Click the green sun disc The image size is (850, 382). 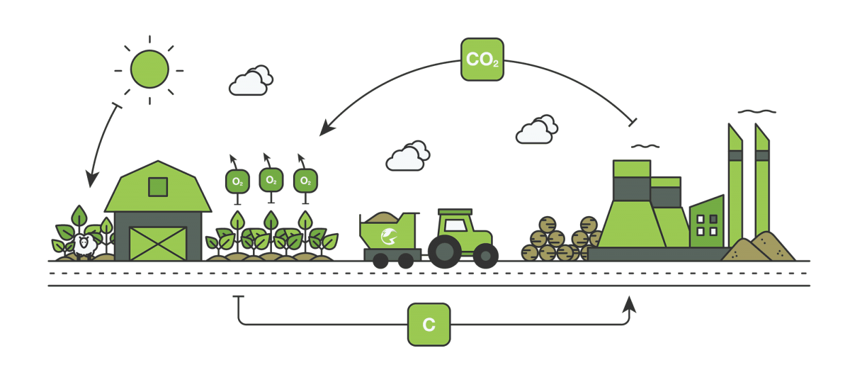point(149,69)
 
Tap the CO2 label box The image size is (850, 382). point(482,60)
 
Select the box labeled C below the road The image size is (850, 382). point(429,325)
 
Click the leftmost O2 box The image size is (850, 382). point(237,181)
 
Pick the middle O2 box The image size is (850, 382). point(271,180)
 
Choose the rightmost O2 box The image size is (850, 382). point(305,181)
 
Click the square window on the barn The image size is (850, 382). point(158,186)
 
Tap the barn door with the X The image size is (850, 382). point(158,243)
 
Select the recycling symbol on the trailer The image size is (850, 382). point(388,237)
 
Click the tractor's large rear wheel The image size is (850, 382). point(444,251)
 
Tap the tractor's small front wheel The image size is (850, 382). point(486,256)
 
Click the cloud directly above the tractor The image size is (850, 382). point(407,156)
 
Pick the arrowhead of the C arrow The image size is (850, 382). point(628,304)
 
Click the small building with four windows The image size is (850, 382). point(706,223)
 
